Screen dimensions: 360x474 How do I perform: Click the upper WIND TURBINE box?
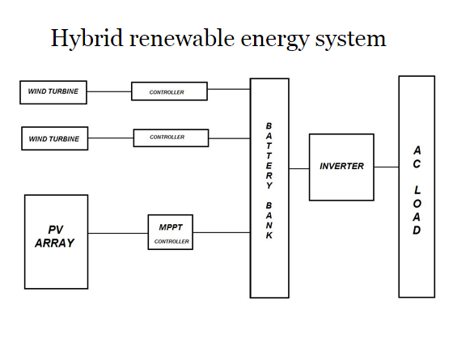point(53,92)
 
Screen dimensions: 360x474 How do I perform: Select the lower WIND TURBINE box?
point(54,139)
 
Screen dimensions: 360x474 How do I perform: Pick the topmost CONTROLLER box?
point(168,92)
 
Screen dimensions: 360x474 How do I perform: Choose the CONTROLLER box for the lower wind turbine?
point(170,138)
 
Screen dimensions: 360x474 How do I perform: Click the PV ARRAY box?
point(56,242)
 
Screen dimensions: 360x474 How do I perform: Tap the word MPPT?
point(171,227)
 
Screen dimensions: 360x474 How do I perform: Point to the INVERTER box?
point(341,167)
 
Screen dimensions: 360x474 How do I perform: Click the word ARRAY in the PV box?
point(55,244)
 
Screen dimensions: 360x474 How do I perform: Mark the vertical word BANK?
point(269,218)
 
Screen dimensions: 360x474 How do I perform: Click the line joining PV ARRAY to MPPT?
point(117,233)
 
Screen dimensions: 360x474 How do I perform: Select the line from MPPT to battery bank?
point(221,233)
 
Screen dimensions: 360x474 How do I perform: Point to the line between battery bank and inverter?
point(298,168)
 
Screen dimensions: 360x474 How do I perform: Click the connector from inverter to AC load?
point(386,167)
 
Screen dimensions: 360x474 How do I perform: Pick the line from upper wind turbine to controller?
point(108,91)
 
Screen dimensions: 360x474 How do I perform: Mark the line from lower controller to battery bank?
point(229,138)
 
